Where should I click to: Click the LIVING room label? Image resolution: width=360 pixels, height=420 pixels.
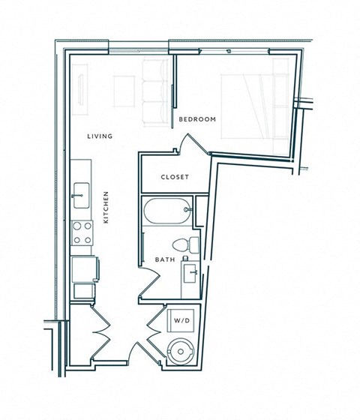click(100, 136)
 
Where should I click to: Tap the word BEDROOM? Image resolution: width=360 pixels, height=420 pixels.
click(198, 119)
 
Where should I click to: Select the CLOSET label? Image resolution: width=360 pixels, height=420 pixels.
click(175, 178)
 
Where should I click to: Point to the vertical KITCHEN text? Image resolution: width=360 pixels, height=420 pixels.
click(107, 207)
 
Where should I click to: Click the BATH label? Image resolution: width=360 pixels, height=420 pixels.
click(164, 260)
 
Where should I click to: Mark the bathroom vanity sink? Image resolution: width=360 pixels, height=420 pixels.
click(190, 274)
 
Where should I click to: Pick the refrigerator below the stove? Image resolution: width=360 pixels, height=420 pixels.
click(83, 268)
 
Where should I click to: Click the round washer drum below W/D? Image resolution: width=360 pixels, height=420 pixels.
click(182, 350)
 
